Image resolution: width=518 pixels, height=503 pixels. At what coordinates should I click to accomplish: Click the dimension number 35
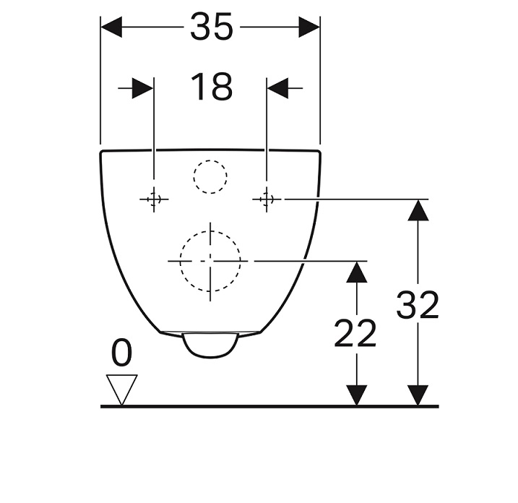212,27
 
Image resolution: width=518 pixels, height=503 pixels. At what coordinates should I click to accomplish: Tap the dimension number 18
212,87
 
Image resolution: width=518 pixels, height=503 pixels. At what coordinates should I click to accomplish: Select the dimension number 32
418,305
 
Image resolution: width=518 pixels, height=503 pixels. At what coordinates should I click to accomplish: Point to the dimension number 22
355,333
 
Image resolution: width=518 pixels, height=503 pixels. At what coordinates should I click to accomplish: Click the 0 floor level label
121,352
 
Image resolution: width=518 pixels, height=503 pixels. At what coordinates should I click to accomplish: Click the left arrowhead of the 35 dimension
111,27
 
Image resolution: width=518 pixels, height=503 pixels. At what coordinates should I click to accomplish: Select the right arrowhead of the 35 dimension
309,27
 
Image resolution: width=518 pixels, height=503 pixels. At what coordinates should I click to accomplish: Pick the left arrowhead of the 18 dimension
143,88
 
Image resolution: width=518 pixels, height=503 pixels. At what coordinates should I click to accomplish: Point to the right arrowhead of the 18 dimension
277,88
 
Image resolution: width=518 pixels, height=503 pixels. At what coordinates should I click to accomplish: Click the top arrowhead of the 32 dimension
418,210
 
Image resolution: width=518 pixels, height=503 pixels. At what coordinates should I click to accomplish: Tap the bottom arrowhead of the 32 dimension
418,395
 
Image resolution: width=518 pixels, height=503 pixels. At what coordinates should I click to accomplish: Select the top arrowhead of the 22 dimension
356,272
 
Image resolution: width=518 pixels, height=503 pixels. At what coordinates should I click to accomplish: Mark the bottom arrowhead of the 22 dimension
356,395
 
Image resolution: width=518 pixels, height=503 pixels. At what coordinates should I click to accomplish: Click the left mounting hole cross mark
154,199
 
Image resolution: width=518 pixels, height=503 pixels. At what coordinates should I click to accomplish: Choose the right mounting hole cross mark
267,199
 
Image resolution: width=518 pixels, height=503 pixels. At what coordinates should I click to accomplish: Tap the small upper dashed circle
210,160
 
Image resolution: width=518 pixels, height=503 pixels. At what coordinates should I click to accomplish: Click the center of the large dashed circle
210,261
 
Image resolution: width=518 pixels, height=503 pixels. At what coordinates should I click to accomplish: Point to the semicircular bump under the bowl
210,357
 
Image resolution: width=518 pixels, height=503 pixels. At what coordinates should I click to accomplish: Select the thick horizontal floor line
269,406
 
